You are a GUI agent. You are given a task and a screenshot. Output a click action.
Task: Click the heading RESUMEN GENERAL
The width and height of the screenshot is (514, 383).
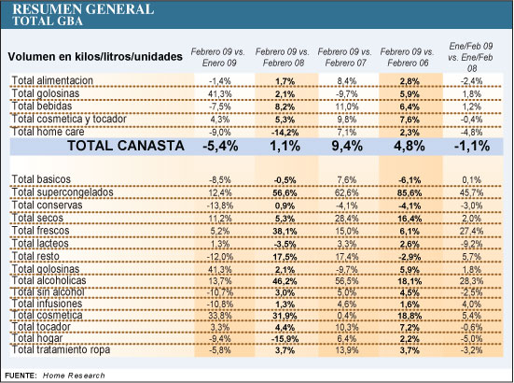pyautogui.click(x=83, y=9)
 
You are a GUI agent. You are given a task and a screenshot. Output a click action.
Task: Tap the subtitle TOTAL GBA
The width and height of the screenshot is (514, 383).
pyautogui.click(x=48, y=21)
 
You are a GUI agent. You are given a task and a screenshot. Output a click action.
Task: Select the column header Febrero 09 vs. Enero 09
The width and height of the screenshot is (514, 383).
pyautogui.click(x=218, y=57)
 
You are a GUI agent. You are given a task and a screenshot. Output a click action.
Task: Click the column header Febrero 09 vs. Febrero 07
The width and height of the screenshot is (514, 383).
pyautogui.click(x=345, y=57)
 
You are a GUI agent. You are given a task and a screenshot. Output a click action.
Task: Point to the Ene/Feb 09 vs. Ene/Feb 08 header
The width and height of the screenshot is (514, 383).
pyautogui.click(x=471, y=57)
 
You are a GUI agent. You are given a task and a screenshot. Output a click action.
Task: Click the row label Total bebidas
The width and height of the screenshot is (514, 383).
pyautogui.click(x=42, y=106)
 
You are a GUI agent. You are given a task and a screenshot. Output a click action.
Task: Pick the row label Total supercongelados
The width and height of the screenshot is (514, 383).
pyautogui.click(x=63, y=192)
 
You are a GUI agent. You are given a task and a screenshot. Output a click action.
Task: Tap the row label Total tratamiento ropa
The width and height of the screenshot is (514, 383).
pyautogui.click(x=61, y=350)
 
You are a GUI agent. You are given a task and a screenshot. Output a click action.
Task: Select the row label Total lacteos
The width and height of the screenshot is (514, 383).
pyautogui.click(x=40, y=244)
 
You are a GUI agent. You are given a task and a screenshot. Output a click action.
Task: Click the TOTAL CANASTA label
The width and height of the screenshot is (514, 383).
pyautogui.click(x=126, y=146)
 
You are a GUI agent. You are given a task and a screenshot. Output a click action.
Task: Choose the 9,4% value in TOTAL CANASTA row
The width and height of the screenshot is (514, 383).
pyautogui.click(x=347, y=146)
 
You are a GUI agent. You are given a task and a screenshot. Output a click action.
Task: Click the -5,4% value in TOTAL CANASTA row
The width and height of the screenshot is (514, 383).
pyautogui.click(x=220, y=146)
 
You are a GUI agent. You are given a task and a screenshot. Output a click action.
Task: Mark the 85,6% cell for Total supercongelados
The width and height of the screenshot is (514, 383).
pyautogui.click(x=410, y=193)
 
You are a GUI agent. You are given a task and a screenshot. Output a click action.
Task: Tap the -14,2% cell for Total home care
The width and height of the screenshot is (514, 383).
pyautogui.click(x=285, y=133)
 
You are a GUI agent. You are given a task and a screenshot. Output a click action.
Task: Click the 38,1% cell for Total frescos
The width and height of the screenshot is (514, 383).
pyautogui.click(x=285, y=232)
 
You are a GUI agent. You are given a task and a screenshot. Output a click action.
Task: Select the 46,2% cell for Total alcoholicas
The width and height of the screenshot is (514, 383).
pyautogui.click(x=285, y=281)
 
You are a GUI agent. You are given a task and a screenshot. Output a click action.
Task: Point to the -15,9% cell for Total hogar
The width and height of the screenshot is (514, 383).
pyautogui.click(x=285, y=339)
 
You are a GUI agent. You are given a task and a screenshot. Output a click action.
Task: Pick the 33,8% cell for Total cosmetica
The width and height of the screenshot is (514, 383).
pyautogui.click(x=219, y=316)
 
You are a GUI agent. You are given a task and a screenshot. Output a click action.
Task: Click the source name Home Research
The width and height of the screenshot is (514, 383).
pyautogui.click(x=74, y=376)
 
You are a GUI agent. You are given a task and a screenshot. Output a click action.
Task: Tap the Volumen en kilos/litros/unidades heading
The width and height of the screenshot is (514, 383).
pyautogui.click(x=95, y=56)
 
